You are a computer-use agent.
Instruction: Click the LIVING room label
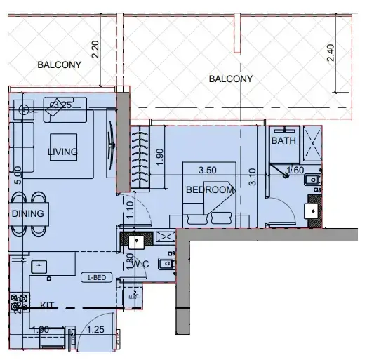click(x=62, y=152)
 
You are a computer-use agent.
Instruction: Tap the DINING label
click(x=27, y=213)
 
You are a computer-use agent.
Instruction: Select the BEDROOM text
click(x=208, y=190)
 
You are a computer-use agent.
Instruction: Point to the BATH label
click(x=284, y=141)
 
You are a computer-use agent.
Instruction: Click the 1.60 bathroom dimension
click(x=295, y=171)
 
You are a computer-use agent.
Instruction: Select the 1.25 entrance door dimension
click(x=95, y=329)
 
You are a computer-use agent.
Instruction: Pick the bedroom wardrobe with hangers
click(x=140, y=158)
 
